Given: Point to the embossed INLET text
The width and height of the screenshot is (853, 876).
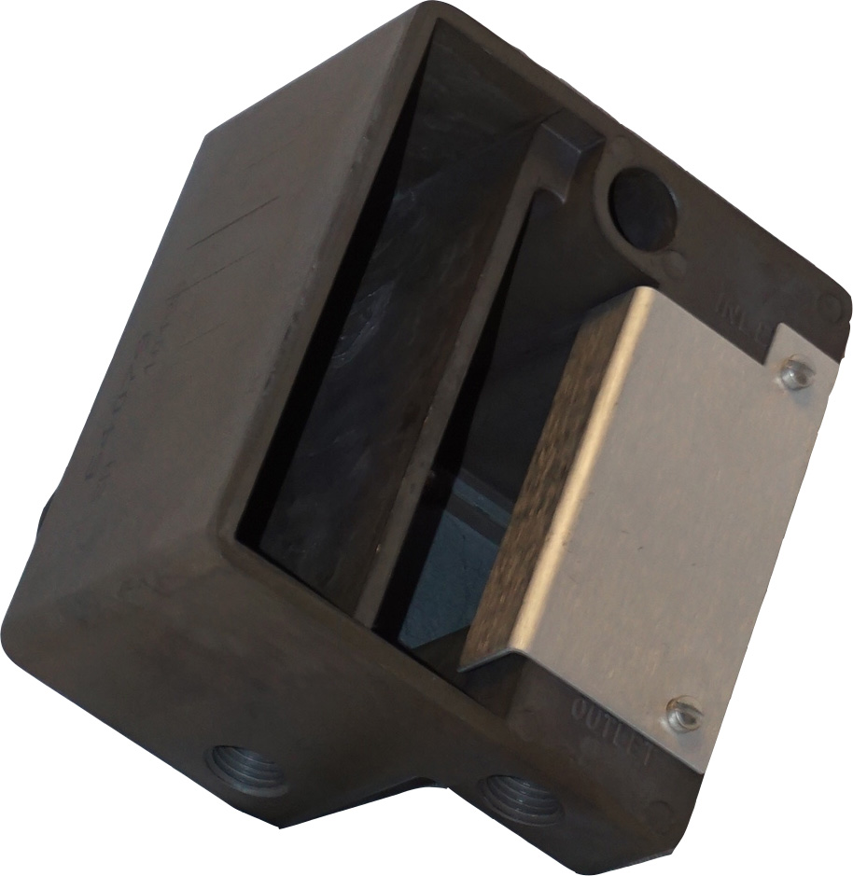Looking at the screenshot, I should click(x=743, y=317).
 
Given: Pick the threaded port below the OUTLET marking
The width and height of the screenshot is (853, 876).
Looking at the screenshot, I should click(x=519, y=793).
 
